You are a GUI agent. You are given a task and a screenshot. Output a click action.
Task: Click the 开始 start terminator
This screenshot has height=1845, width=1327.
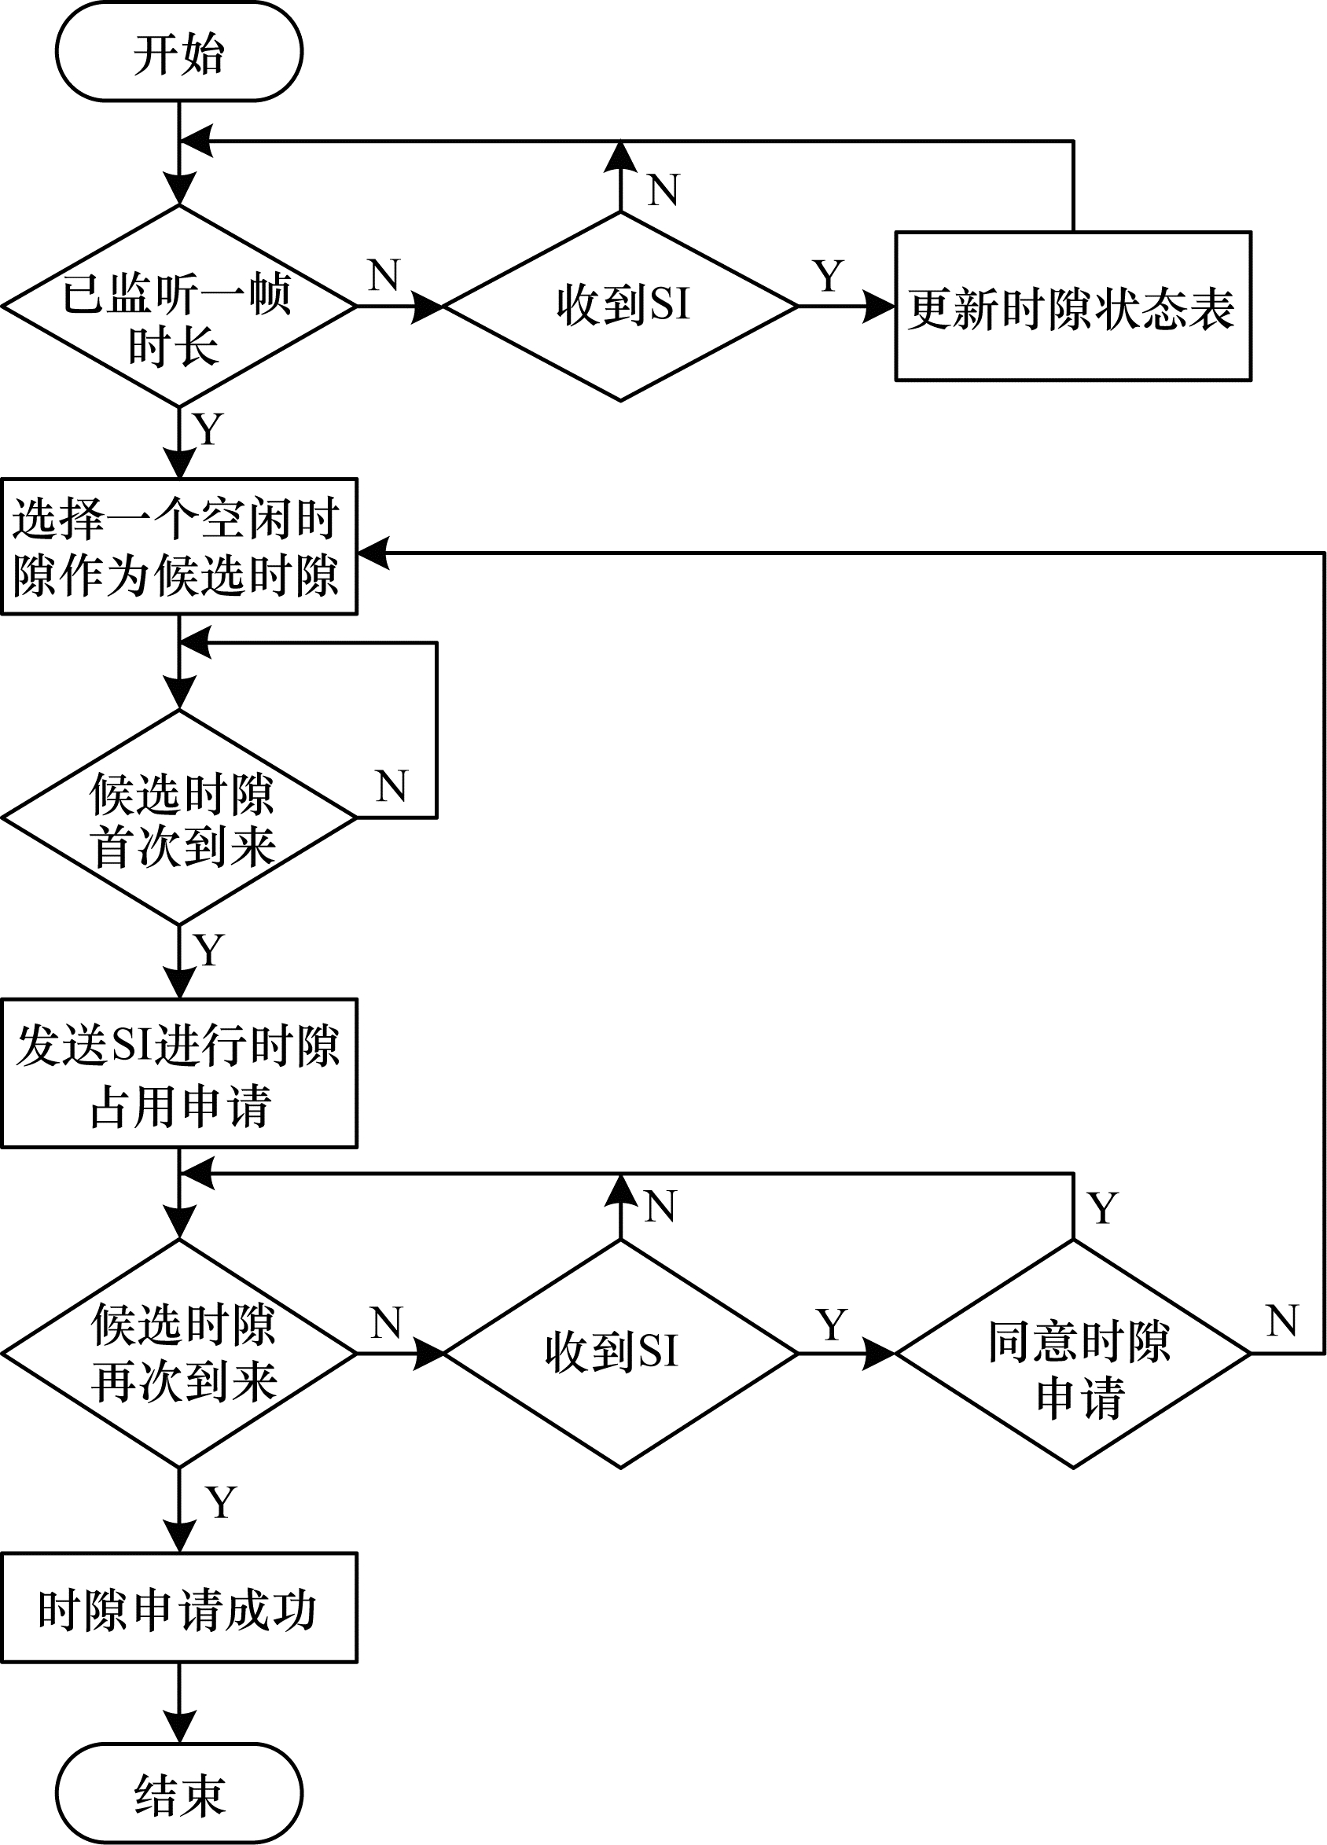pos(179,53)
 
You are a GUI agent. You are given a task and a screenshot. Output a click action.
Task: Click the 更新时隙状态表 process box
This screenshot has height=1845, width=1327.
pos(1072,307)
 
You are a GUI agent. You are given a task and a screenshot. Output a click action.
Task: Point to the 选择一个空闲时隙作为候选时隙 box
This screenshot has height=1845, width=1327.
pos(179,546)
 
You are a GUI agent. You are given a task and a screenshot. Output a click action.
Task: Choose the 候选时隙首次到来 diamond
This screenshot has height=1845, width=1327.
pos(179,817)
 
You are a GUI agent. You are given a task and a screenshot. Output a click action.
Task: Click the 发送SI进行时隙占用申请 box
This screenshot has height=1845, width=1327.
pos(179,1074)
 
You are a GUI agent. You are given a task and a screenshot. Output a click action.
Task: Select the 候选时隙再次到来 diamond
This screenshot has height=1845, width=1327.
pos(179,1354)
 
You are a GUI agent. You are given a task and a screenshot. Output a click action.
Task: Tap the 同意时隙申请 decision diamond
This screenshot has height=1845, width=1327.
pos(1072,1354)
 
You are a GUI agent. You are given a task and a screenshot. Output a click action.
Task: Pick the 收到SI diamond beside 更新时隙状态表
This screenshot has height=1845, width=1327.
pos(620,307)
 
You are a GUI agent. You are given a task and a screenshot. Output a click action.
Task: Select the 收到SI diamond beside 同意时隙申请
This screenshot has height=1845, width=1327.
pos(620,1354)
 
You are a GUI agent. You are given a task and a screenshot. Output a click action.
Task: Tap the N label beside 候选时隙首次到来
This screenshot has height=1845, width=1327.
pos(391,787)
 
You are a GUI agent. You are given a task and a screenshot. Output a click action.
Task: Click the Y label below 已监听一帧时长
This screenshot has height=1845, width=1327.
pos(208,428)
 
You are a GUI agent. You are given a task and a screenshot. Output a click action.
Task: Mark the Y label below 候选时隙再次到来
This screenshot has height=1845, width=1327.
pos(220,1502)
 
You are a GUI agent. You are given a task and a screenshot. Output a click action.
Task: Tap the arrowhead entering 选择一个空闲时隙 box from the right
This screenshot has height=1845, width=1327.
pos(373,553)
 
